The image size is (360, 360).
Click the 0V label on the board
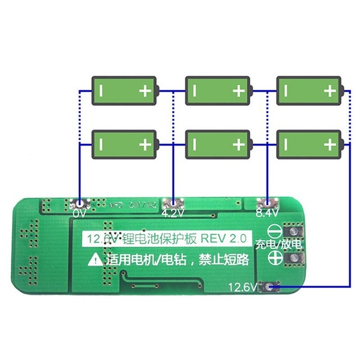point(79,213)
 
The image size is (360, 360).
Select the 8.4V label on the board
point(266,212)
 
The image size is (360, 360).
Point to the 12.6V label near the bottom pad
point(242,287)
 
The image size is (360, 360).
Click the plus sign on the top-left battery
point(145,91)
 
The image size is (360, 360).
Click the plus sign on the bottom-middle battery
point(239,145)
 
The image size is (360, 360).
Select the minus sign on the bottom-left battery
point(102,145)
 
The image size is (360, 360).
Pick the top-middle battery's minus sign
point(195,91)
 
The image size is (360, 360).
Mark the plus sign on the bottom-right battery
point(330,145)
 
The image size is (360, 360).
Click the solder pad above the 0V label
point(79,203)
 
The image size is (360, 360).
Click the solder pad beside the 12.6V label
point(268,287)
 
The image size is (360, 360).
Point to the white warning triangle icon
point(96,260)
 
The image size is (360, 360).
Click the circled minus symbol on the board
point(276,231)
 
